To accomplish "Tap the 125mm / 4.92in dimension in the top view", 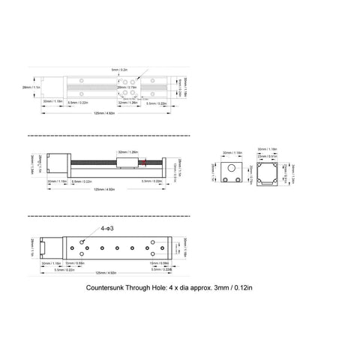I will coord(103,113).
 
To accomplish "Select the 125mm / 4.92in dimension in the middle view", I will coord(103,190).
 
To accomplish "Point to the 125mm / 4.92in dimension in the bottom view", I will coord(103,272).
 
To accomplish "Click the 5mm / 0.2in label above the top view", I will coord(119,70).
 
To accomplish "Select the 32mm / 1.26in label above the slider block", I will coord(127,151).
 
